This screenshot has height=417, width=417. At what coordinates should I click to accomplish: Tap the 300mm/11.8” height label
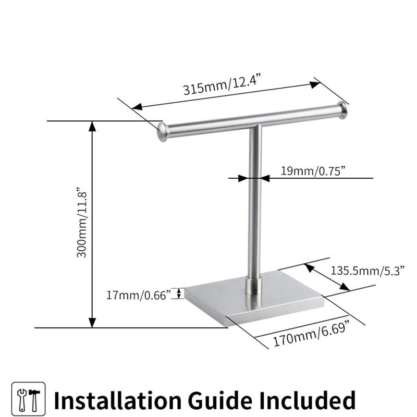(x=82, y=223)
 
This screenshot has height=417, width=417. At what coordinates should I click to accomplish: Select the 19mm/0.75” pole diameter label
(x=314, y=170)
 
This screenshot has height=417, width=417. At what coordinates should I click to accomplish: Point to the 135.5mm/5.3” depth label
(x=367, y=271)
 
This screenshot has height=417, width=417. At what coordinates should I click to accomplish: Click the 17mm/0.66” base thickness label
(x=138, y=295)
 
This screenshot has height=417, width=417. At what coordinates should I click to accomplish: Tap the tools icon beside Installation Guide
(x=29, y=399)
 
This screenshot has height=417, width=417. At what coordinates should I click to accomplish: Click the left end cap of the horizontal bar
(x=163, y=132)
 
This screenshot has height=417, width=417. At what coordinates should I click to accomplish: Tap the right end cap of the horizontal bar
(x=342, y=111)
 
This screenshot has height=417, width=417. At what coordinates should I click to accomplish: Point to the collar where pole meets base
(x=253, y=285)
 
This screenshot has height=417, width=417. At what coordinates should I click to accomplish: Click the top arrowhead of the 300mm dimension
(x=92, y=126)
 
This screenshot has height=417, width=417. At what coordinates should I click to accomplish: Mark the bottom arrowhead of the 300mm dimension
(x=92, y=322)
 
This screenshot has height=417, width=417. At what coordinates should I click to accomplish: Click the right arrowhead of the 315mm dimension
(x=315, y=84)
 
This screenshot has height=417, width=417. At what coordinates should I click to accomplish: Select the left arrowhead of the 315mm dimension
(x=137, y=107)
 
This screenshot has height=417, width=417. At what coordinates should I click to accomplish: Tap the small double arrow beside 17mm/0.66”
(x=179, y=293)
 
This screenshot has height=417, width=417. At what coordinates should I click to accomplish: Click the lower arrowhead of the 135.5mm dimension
(x=345, y=287)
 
